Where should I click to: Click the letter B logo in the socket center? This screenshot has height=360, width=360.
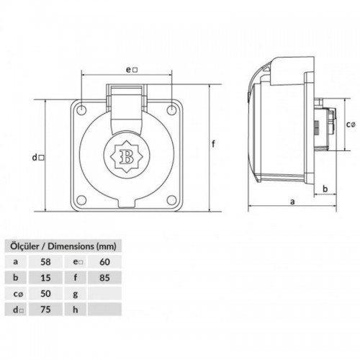pos(127,154)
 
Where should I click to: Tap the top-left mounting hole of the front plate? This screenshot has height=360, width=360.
pos(83,109)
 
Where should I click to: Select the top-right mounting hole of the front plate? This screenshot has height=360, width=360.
pos(171,109)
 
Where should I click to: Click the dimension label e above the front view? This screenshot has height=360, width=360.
pos(129,70)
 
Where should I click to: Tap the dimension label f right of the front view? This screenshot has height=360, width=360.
pos(214,144)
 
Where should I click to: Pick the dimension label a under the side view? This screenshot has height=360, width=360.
pos(292,202)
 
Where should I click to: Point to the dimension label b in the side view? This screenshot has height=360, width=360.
pos(325,189)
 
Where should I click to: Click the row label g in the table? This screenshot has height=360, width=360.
pos(75,293)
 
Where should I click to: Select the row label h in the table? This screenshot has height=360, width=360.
pos(75,310)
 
